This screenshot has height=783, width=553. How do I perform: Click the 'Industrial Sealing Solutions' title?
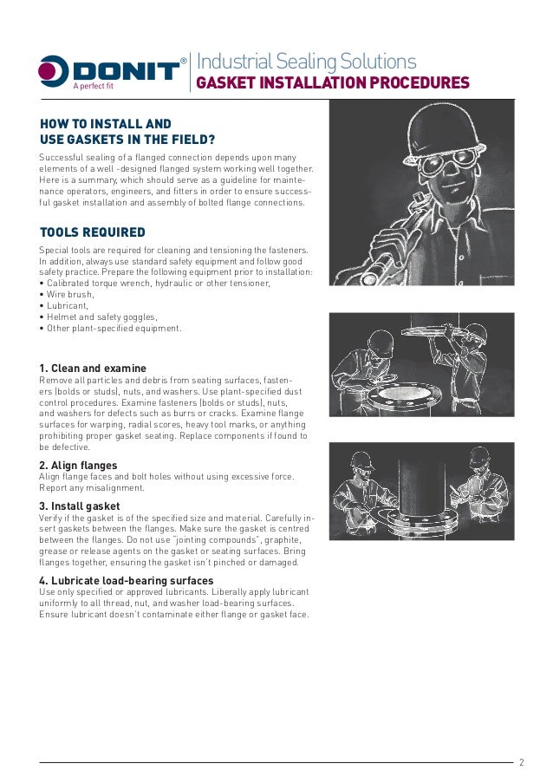(x=307, y=62)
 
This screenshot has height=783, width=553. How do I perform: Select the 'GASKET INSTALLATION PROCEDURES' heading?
(x=334, y=83)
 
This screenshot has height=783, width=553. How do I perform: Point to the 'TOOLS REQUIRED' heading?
(x=93, y=232)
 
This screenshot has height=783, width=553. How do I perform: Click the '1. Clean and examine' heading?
(x=94, y=369)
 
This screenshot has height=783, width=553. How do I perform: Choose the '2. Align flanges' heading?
(x=79, y=466)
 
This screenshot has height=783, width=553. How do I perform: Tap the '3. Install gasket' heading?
(x=80, y=506)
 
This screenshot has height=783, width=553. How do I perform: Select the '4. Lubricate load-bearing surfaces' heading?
(x=127, y=580)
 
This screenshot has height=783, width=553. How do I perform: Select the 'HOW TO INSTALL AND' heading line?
(x=106, y=125)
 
